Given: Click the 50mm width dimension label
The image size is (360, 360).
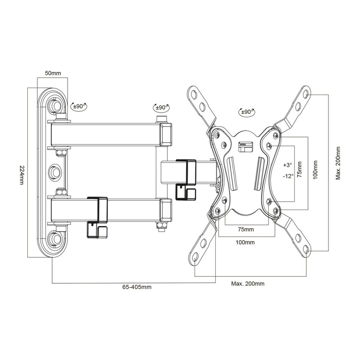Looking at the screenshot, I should [52, 73].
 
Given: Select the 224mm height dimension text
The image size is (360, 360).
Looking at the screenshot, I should [21, 175].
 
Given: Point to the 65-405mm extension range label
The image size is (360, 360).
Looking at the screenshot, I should [137, 287].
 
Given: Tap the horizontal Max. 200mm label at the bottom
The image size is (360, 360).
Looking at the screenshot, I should [248, 283].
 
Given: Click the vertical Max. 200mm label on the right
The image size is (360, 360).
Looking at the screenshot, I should [338, 163].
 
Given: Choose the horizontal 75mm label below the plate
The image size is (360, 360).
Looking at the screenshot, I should [246, 230].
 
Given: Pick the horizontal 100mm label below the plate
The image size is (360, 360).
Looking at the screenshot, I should [246, 242].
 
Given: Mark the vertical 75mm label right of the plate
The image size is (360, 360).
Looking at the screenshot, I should [299, 170].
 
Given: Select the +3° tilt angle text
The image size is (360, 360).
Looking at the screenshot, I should [287, 165].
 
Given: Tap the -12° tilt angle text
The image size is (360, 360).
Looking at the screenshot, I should [288, 176].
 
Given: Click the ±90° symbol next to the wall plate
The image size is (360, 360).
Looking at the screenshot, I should [79, 106].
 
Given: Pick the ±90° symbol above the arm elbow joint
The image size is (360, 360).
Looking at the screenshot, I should [162, 107].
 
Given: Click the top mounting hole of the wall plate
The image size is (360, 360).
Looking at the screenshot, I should [56, 103].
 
